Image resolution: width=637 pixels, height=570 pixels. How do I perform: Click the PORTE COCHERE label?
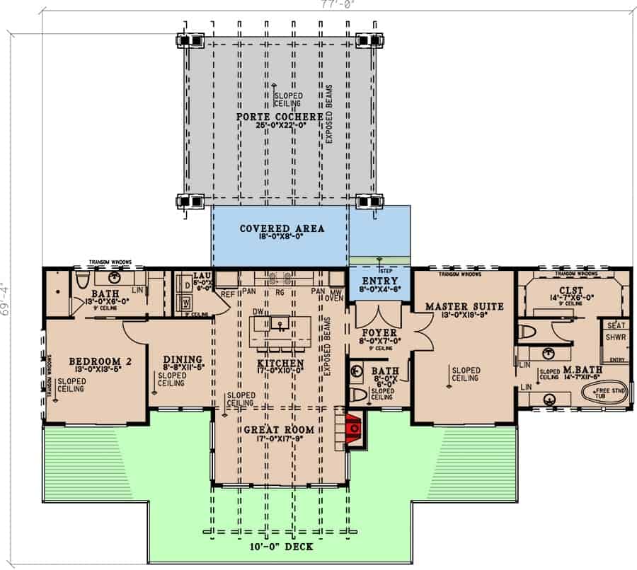click(280, 117)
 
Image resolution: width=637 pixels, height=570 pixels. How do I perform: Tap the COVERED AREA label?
click(281, 228)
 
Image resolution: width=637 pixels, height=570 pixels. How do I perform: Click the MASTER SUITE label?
click(464, 306)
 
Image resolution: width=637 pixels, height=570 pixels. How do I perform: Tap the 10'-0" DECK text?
click(281, 546)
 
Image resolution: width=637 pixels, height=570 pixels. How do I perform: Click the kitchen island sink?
click(280, 324)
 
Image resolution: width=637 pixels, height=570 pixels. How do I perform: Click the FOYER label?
click(380, 331)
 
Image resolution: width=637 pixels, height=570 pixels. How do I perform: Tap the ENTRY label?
click(381, 281)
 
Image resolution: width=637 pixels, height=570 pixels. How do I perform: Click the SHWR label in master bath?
click(614, 338)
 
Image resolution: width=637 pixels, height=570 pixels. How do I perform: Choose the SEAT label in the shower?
click(614, 325)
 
